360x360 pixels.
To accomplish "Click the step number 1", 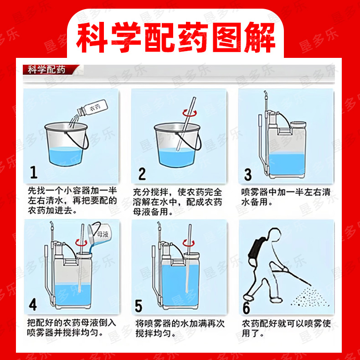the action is tap(34, 172).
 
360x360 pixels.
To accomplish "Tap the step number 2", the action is tap(142, 174).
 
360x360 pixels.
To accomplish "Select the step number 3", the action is tap(248, 175).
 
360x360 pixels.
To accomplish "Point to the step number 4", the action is tap(33, 305).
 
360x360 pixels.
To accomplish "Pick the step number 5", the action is tap(139, 306).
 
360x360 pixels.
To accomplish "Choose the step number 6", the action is tap(247, 308).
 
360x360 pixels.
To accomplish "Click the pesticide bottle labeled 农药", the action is tap(93, 108).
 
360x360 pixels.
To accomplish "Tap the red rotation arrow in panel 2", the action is tap(190, 113).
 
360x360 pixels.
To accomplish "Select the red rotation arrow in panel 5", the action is tap(189, 243).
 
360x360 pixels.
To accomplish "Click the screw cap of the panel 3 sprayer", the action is tap(298, 125).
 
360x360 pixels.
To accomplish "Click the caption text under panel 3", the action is tap(286, 197).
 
